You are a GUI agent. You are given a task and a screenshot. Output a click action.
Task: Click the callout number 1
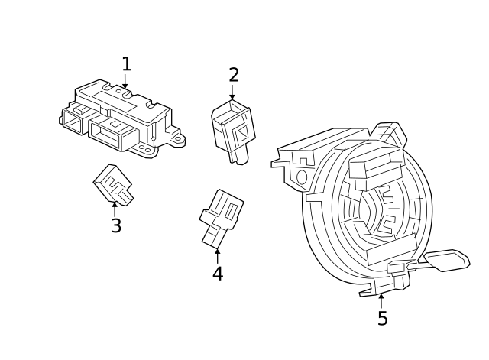pyautogui.click(x=126, y=64)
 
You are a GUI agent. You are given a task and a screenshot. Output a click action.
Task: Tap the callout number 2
pyautogui.click(x=234, y=75)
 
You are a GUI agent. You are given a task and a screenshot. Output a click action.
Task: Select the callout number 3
pyautogui.click(x=115, y=226)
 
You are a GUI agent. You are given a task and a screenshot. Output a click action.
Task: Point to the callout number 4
pyautogui.click(x=218, y=273)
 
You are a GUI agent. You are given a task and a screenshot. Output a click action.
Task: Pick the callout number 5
pyautogui.click(x=382, y=318)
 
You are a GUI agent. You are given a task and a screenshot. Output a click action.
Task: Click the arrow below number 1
pyautogui.click(x=125, y=82)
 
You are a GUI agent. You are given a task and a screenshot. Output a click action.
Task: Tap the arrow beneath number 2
pyautogui.click(x=232, y=92)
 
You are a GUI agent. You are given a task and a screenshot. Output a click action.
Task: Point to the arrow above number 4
pyautogui.click(x=217, y=255)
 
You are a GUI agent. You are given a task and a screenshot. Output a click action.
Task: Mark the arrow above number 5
pyautogui.click(x=381, y=299)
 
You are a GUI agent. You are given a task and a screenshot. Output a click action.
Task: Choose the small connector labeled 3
pyautogui.click(x=113, y=184)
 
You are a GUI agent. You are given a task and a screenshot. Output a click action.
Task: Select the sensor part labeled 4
pyautogui.click(x=220, y=216)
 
